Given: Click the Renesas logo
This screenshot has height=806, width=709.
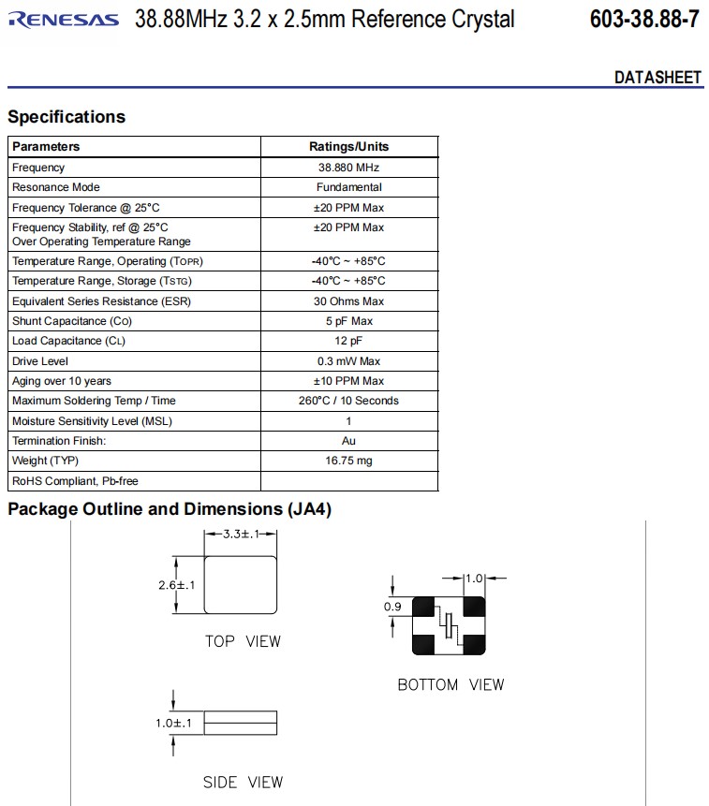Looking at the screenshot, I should click(x=64, y=20).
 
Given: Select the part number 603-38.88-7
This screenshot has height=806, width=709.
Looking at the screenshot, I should click(x=644, y=20).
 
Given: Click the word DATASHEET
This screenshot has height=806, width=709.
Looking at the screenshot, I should click(x=657, y=78).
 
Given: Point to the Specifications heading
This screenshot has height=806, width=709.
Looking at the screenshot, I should click(x=66, y=117).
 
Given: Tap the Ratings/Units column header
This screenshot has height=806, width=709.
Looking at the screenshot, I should click(x=348, y=147).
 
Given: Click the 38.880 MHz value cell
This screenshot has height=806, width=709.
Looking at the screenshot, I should click(x=348, y=168).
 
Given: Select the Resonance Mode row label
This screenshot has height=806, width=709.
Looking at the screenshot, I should click(x=56, y=187).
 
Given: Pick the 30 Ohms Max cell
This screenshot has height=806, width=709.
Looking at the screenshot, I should click(x=348, y=301).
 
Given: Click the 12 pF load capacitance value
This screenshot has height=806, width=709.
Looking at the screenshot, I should click(x=348, y=341).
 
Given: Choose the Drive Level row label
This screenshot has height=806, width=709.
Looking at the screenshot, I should click(x=40, y=361).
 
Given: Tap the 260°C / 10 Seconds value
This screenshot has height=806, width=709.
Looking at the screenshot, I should click(x=348, y=401).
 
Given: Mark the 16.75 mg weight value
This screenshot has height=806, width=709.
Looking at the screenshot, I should click(x=348, y=461).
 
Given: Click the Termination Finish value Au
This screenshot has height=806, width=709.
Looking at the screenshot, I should click(x=348, y=441).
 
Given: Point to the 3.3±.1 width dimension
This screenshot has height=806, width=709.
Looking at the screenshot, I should click(x=241, y=535).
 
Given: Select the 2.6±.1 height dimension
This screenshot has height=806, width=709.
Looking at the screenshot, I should click(x=176, y=585).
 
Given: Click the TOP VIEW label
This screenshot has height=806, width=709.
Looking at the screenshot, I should click(x=243, y=641).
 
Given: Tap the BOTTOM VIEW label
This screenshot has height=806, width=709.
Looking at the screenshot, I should click(x=451, y=685).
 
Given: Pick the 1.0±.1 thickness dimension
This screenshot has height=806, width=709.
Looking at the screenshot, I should click(x=174, y=724).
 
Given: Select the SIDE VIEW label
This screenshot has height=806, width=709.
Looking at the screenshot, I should click(x=243, y=782).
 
